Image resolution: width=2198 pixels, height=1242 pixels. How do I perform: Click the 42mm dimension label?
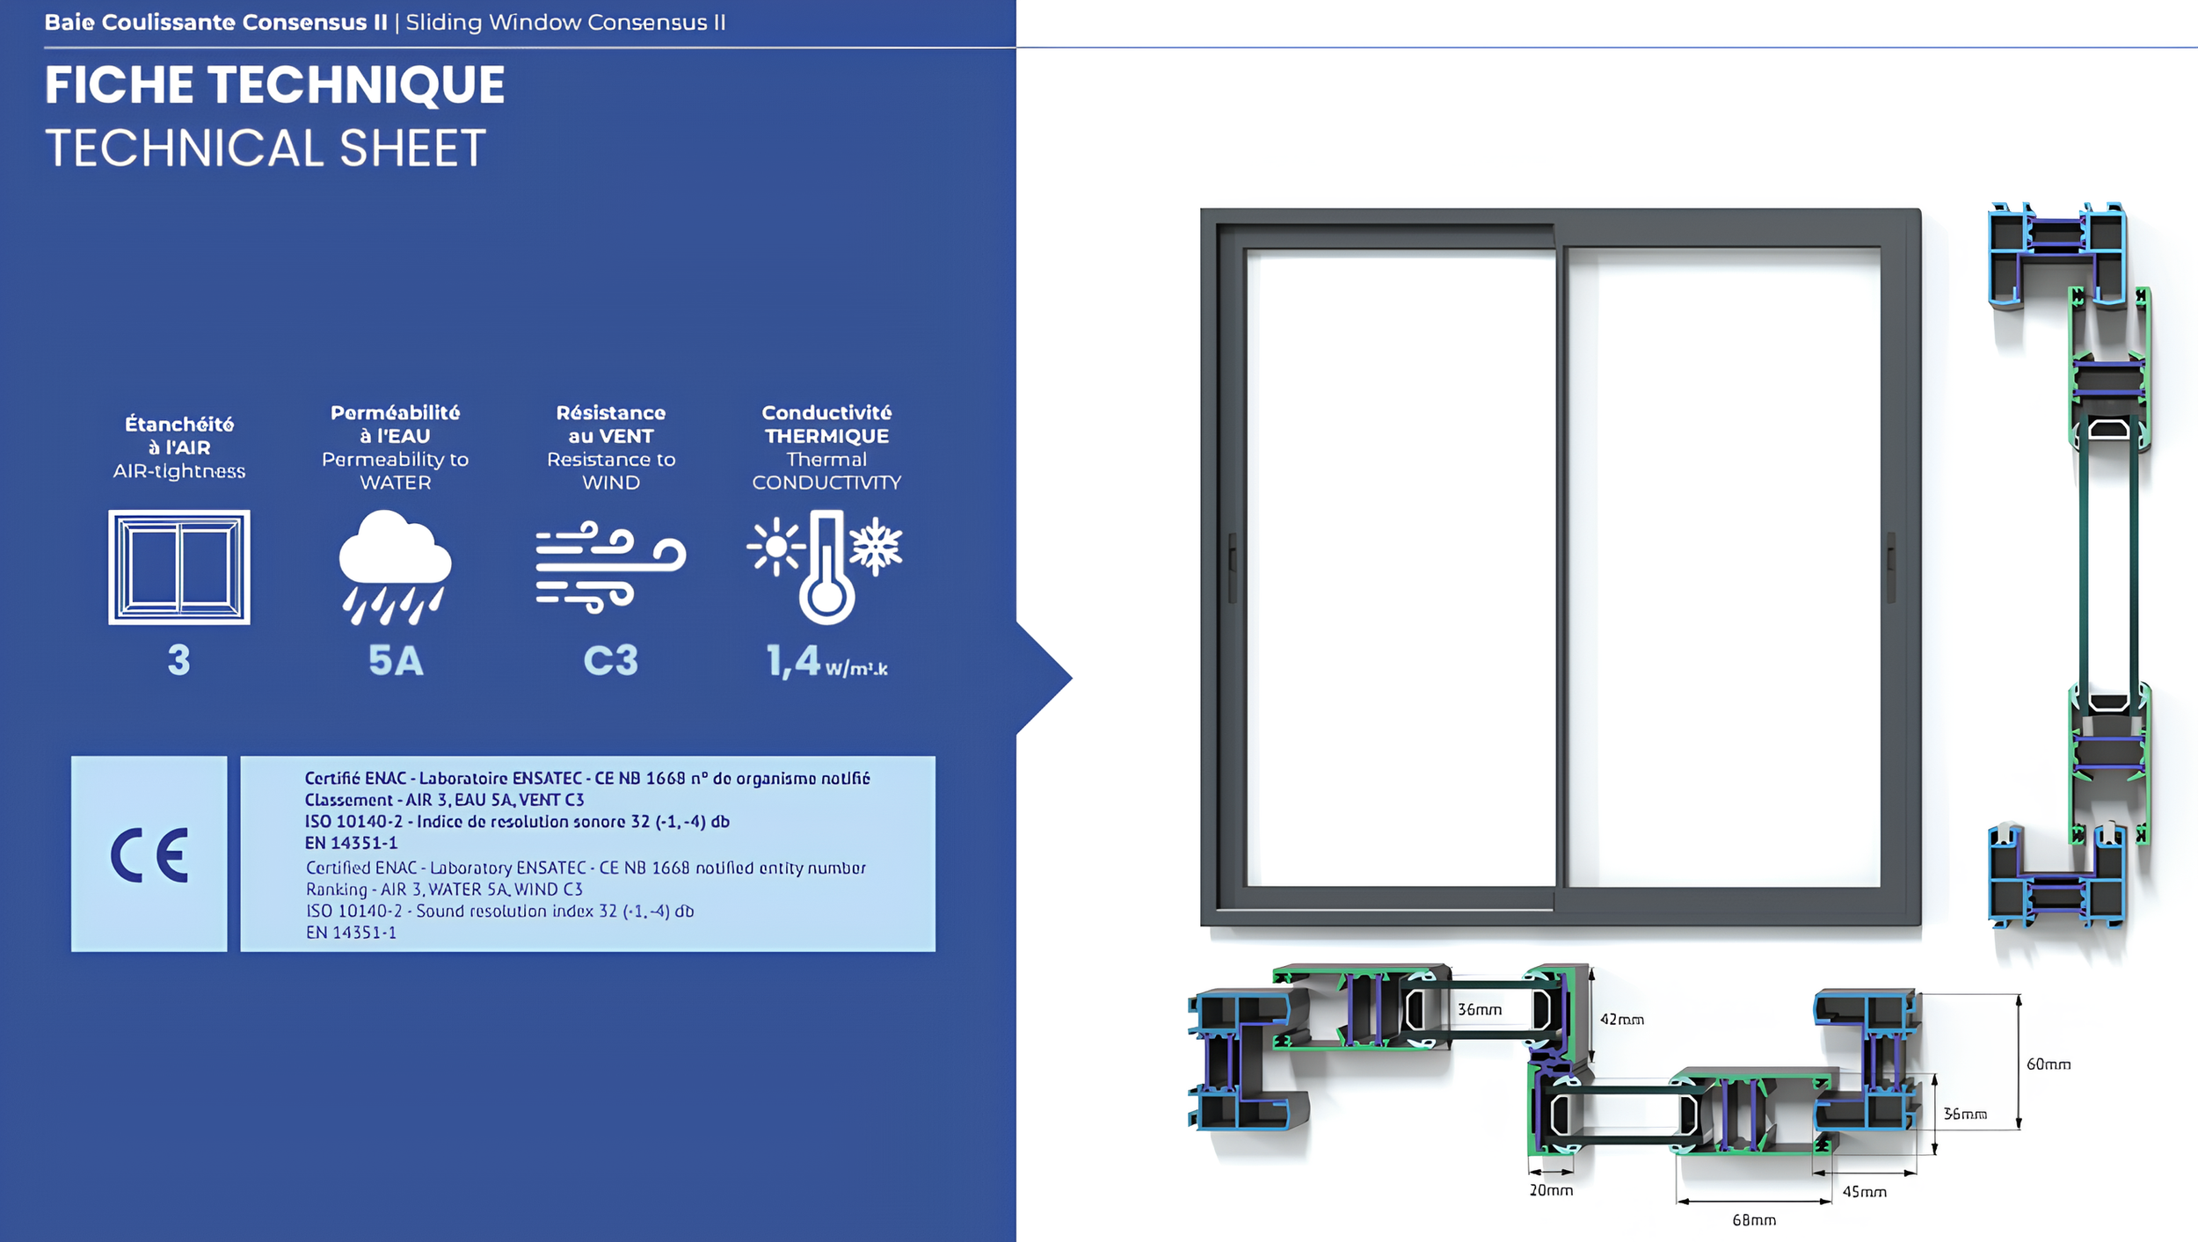1621,1020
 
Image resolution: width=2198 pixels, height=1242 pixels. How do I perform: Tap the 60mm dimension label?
2048,1064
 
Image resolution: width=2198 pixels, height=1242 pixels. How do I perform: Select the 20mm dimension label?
1551,1190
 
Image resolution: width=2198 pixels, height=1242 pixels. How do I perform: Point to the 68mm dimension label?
1754,1220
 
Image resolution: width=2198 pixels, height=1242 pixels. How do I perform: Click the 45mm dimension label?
1864,1192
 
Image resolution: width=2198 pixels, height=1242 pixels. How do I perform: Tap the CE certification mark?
149,854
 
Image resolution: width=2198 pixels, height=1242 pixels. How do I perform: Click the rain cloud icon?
395,567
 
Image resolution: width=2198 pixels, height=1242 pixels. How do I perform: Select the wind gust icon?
610,567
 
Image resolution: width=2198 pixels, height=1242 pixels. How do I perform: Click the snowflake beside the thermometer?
876,547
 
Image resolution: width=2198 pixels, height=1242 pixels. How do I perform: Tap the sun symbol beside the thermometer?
775,547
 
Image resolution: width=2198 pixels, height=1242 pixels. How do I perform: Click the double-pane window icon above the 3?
179,567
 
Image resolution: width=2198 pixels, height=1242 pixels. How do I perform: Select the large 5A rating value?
396,661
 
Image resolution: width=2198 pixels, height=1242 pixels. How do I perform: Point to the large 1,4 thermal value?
793,661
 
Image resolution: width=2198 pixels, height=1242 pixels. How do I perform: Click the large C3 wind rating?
611,661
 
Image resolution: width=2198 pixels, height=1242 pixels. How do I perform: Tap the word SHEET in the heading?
412,148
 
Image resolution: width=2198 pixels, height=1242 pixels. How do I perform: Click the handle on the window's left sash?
1233,568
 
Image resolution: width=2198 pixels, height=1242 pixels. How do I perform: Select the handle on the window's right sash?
1891,568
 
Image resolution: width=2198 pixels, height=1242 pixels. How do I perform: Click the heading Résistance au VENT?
611,424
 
